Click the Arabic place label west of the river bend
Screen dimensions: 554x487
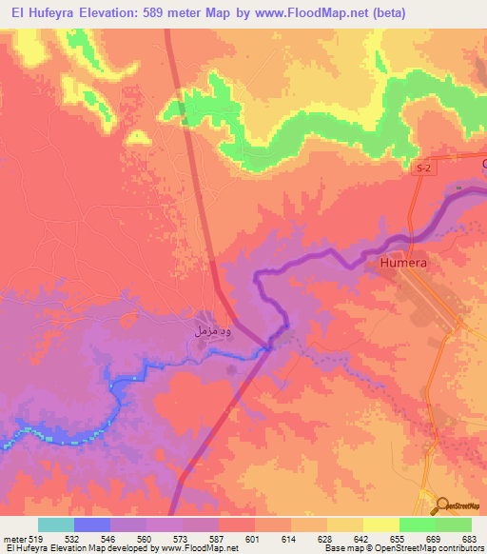coord(209,333)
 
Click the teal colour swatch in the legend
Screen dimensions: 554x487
coord(56,524)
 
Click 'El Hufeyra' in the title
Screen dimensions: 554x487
coord(40,12)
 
